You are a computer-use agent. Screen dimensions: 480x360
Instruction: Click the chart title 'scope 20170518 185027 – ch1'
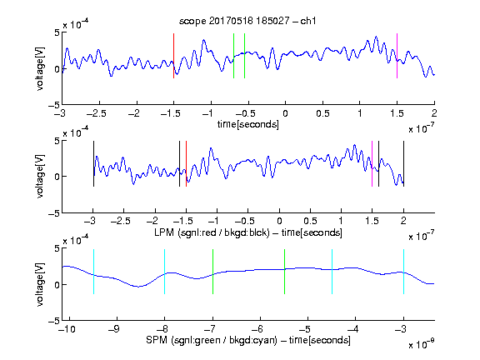coord(247,21)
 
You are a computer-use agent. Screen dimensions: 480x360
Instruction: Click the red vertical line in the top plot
coord(173,56)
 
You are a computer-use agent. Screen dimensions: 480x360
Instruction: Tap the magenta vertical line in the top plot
coord(397,56)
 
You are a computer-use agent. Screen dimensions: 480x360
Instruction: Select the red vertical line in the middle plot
coord(186,164)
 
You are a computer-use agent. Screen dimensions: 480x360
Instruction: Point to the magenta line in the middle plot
coord(372,164)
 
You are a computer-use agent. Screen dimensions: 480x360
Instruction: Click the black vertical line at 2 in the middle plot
coord(403,164)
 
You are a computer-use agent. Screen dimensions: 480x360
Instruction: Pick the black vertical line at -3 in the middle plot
coord(93,164)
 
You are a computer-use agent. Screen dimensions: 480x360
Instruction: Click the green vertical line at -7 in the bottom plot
coord(212,272)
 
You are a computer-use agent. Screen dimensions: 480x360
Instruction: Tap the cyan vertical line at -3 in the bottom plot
coord(403,272)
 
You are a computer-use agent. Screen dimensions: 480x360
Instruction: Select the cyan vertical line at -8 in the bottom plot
coord(165,272)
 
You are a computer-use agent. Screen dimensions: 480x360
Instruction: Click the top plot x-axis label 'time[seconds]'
coord(248,124)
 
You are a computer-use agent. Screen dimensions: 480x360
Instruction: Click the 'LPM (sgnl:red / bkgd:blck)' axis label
coord(212,232)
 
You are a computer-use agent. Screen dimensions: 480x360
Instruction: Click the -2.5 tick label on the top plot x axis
coord(97,113)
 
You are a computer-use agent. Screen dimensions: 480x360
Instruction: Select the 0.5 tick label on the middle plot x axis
coord(310,221)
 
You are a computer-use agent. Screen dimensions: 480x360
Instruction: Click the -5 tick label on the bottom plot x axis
coord(304,329)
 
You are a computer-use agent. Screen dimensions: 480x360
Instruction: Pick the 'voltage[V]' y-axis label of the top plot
coord(40,68)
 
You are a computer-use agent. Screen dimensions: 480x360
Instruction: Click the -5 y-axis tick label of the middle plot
coord(54,213)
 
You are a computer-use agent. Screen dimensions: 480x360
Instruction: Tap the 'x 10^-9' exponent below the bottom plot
coord(421,344)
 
